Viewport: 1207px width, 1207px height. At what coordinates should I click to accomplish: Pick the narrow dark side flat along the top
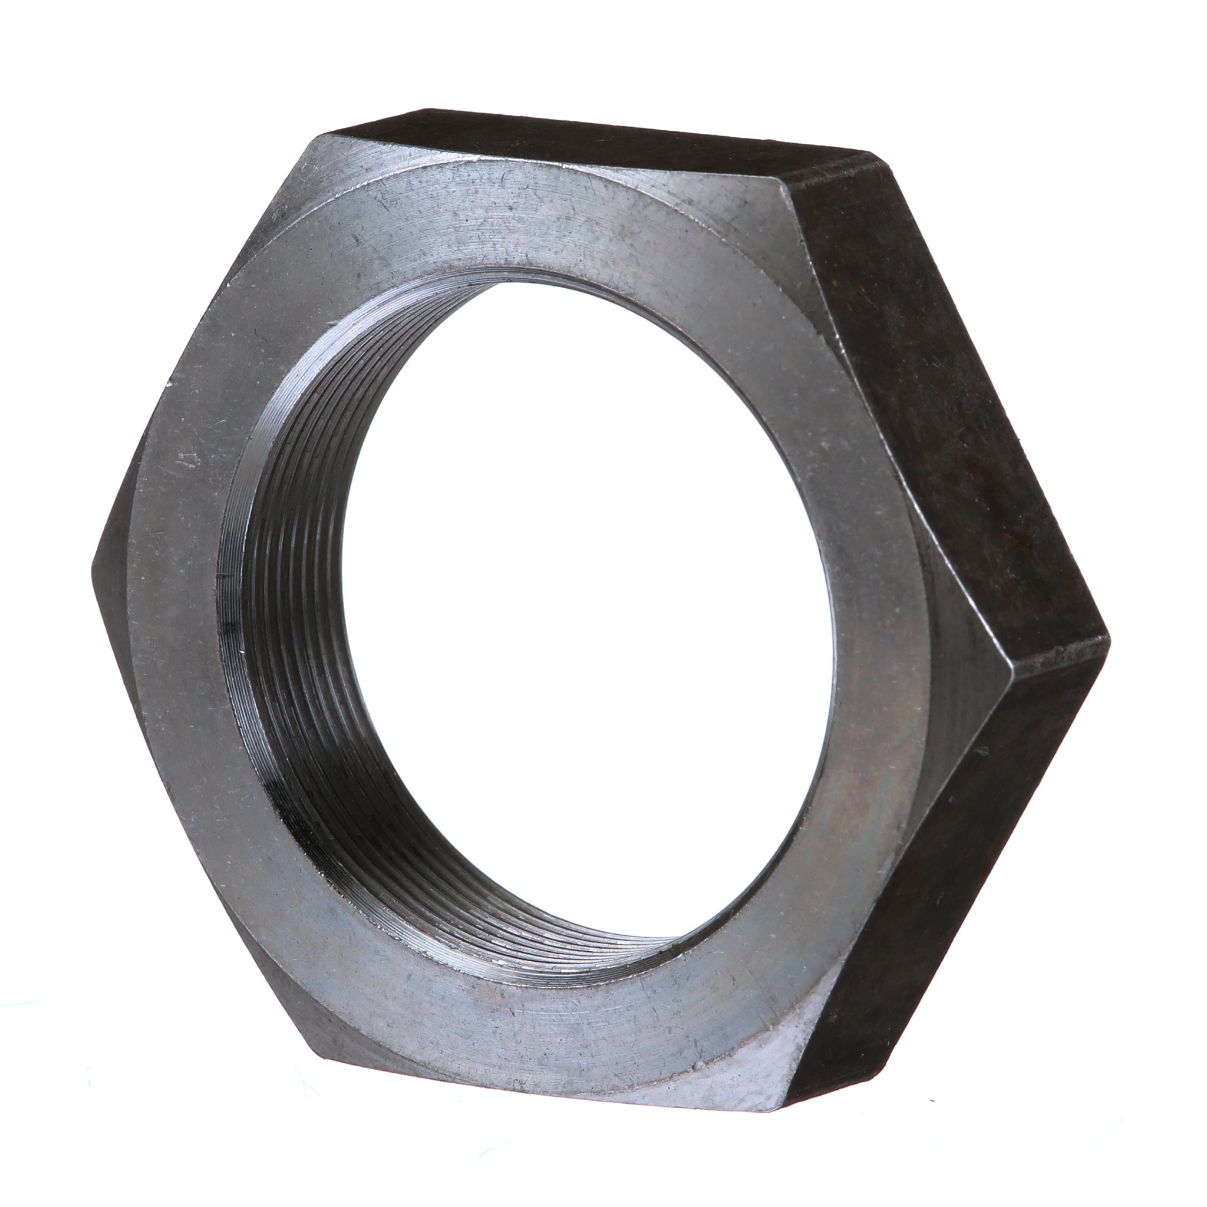tap(593, 134)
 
